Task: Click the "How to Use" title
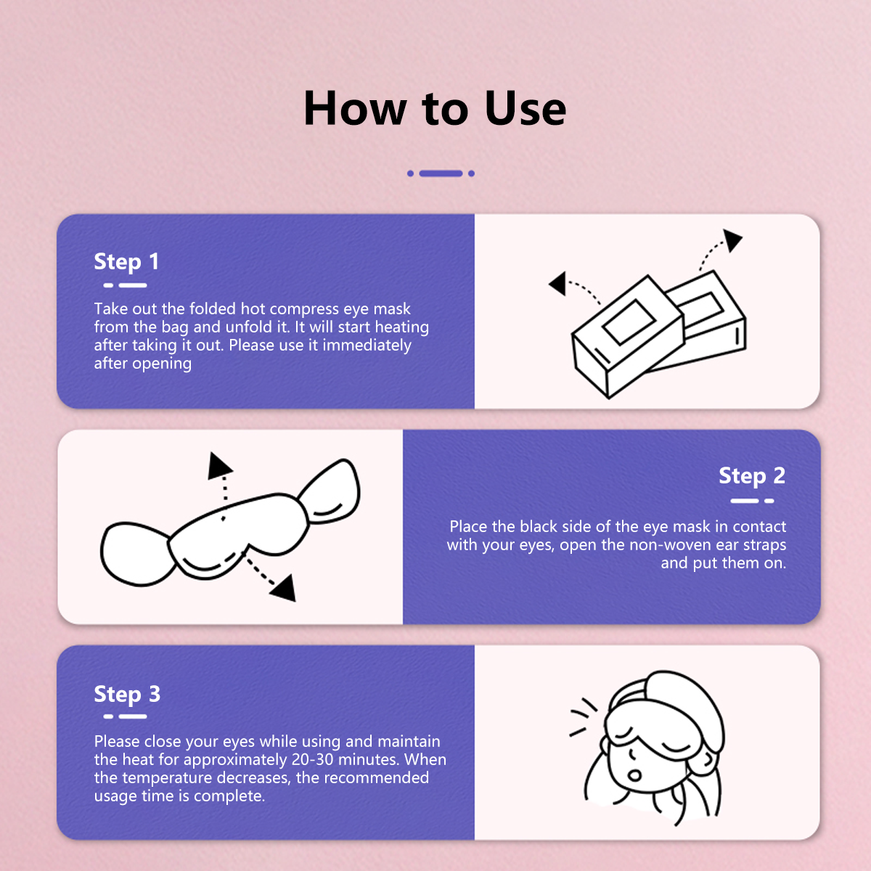(435, 109)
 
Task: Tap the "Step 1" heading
(126, 262)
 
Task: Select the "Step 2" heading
(751, 476)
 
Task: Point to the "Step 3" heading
(127, 695)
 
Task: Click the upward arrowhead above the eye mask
(218, 466)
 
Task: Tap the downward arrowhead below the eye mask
(284, 587)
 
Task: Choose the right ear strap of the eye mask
(333, 490)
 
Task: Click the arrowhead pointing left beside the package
(557, 283)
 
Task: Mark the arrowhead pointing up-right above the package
(732, 240)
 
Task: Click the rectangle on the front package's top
(630, 320)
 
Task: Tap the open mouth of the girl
(634, 774)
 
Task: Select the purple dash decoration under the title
(441, 173)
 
